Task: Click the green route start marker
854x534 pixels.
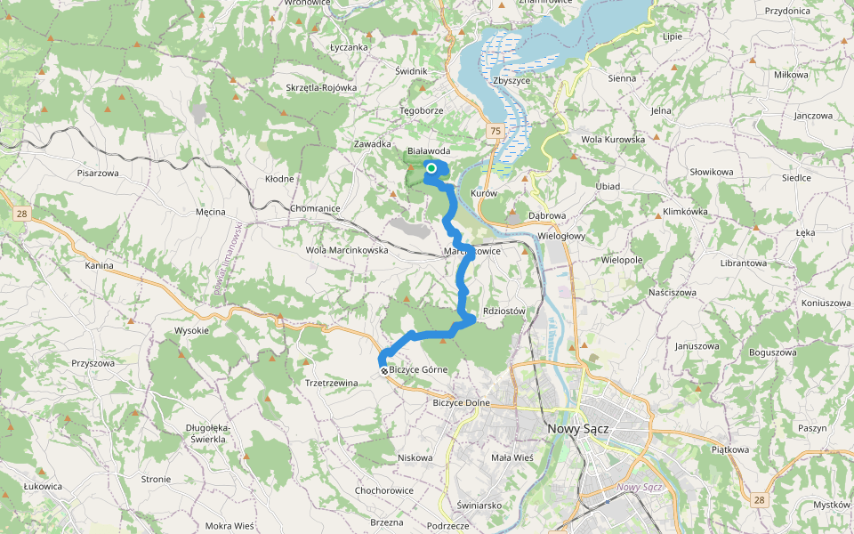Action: (x=431, y=168)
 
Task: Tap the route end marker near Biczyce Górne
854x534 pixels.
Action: (x=383, y=370)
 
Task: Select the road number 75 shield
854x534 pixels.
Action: (x=495, y=132)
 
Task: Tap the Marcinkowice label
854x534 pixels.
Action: (x=472, y=252)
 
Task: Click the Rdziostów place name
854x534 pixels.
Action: (x=504, y=311)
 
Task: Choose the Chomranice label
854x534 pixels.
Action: (x=316, y=208)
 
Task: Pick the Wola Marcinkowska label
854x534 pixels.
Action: (x=348, y=250)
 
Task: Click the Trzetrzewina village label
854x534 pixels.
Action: (x=331, y=383)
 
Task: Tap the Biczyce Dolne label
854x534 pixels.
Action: (x=461, y=402)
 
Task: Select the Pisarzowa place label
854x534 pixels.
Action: (x=98, y=173)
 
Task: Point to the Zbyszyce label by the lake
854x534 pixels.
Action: (x=511, y=80)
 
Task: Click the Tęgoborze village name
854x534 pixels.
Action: (x=421, y=110)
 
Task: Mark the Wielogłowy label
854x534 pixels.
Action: (x=562, y=236)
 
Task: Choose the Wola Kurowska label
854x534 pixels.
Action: (x=612, y=140)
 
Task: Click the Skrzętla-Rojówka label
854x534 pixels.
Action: (x=321, y=88)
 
